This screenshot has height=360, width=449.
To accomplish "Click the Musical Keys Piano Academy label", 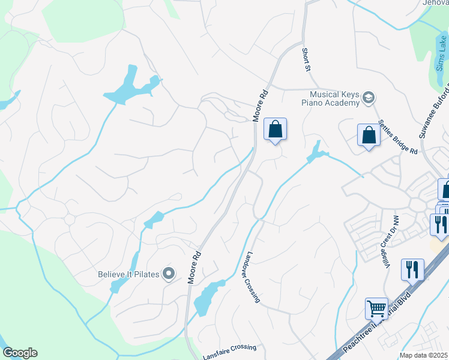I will point(333,98).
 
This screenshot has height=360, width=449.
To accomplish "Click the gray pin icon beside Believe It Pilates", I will point(169,274).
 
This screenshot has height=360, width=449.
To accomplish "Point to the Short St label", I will point(306,61).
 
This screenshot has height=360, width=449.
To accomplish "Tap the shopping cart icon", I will point(376,308).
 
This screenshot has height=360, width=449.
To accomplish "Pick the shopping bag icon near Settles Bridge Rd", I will point(369,135).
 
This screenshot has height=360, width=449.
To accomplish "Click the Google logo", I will point(19,352).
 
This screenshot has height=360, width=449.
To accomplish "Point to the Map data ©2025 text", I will point(424,355).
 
